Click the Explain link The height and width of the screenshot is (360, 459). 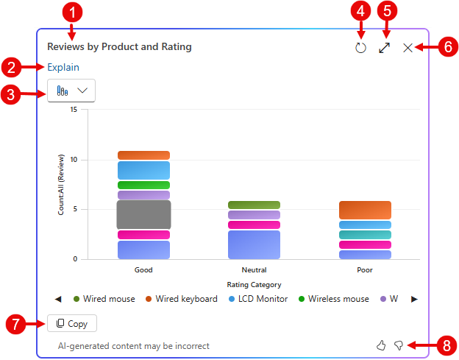(63, 67)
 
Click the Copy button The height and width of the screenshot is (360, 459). (72, 323)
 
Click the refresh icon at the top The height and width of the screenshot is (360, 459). (360, 48)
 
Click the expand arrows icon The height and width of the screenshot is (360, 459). (384, 48)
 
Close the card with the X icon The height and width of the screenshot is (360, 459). (408, 48)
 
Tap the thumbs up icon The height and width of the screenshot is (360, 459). (381, 345)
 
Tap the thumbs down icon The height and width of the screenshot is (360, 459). (399, 345)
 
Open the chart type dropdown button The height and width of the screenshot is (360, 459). (71, 91)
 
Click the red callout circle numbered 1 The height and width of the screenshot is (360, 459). (74, 13)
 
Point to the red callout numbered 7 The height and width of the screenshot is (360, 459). (15, 323)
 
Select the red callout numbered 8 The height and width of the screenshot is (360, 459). (445, 345)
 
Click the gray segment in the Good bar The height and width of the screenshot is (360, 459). (143, 214)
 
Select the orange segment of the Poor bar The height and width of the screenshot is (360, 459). (365, 210)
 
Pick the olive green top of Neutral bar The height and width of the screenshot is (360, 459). (254, 205)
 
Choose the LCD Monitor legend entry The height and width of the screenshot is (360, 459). (257, 299)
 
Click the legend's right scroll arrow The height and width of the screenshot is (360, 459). (414, 299)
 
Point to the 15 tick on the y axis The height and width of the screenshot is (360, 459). (74, 110)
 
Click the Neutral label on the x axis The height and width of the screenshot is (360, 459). (254, 270)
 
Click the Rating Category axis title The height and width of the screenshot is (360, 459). (254, 284)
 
